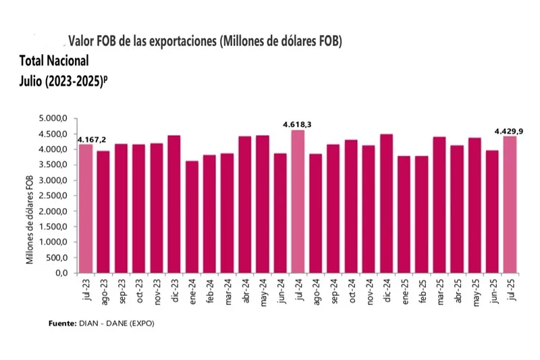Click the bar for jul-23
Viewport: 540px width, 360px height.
click(86, 209)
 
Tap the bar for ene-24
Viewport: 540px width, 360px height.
click(192, 217)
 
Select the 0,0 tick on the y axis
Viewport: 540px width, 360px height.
click(61, 274)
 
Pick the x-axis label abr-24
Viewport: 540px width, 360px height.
click(244, 292)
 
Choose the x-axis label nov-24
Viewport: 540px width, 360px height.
click(368, 292)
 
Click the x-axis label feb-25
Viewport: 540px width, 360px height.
click(421, 292)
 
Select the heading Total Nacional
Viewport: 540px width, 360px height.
click(54, 59)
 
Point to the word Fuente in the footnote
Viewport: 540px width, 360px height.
click(62, 324)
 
